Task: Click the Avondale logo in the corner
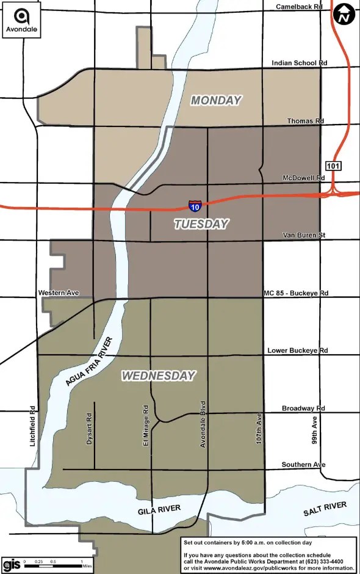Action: [21, 21]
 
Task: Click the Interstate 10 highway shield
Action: [195, 206]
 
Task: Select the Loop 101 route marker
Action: [333, 165]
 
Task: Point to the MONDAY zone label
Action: [216, 100]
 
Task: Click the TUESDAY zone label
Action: [201, 224]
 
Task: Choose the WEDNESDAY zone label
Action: [159, 376]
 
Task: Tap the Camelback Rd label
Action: [298, 7]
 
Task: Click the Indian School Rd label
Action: [299, 63]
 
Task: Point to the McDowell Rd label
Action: [303, 178]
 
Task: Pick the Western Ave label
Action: [58, 293]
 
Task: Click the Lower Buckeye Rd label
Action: [297, 351]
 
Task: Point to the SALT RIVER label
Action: [325, 510]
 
